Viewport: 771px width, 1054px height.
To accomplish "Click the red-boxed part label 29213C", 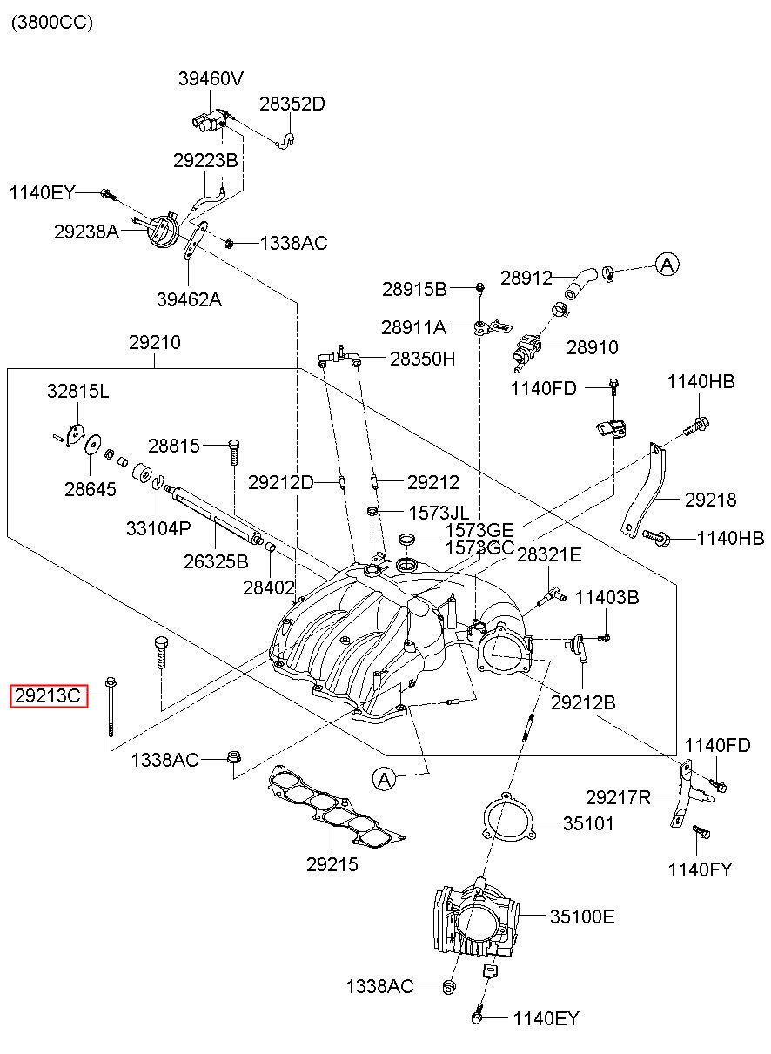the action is coord(49,695).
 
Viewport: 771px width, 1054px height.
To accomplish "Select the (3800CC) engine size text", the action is coord(52,23).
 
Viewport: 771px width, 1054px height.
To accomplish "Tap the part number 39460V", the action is coord(211,78).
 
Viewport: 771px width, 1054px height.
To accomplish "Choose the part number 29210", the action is coord(155,342).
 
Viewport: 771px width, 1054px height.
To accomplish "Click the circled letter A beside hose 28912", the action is coord(667,265).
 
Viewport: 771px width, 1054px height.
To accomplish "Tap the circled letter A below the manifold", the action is coord(385,780).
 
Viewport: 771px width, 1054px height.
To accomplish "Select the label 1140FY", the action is coord(701,869).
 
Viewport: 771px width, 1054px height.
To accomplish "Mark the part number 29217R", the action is coord(618,797).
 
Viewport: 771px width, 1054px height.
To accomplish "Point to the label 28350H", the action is coord(422,359).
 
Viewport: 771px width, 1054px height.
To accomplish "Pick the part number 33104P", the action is coord(158,528).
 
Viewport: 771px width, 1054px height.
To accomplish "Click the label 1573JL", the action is coord(439,513).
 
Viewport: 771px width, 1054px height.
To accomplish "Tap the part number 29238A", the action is coord(86,232).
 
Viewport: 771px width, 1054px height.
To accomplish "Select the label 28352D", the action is coord(292,104).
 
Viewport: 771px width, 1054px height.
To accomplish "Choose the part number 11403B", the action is coord(607,597).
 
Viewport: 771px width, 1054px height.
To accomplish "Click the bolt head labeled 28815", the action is coord(234,445).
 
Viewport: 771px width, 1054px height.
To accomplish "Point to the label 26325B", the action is coord(216,561).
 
